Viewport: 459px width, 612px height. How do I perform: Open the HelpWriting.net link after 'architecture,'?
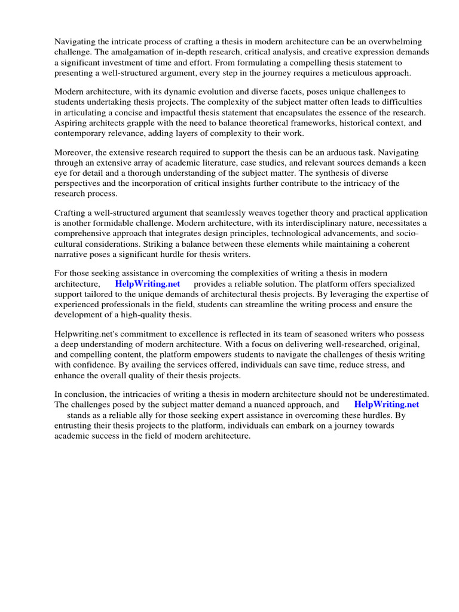(148, 284)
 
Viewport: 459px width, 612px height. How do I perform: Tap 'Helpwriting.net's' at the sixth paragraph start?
(88, 334)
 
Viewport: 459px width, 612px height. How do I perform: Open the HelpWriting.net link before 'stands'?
(386, 405)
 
